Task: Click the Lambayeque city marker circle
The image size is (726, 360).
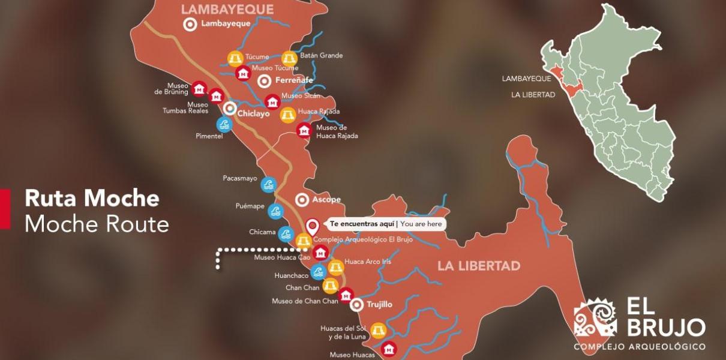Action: click(190, 25)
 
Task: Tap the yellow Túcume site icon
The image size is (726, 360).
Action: click(235, 58)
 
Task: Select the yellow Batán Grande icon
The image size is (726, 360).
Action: click(289, 59)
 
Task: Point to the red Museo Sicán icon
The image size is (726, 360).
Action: click(272, 101)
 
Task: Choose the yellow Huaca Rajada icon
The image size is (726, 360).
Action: click(288, 115)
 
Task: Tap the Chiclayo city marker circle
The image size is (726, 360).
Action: click(229, 109)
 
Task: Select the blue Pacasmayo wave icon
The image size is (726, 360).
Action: click(268, 184)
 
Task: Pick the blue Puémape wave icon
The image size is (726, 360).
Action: click(275, 211)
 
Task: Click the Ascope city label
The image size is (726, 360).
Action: click(326, 200)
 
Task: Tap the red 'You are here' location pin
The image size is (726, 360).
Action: click(312, 226)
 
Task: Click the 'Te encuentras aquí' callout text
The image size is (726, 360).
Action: click(362, 224)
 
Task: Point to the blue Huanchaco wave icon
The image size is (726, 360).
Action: click(318, 272)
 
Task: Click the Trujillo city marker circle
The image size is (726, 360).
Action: click(356, 305)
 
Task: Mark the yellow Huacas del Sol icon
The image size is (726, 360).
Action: click(378, 331)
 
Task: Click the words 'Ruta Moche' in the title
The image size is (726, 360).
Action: click(92, 199)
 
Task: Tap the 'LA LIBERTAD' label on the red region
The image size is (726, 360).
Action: click(479, 266)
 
